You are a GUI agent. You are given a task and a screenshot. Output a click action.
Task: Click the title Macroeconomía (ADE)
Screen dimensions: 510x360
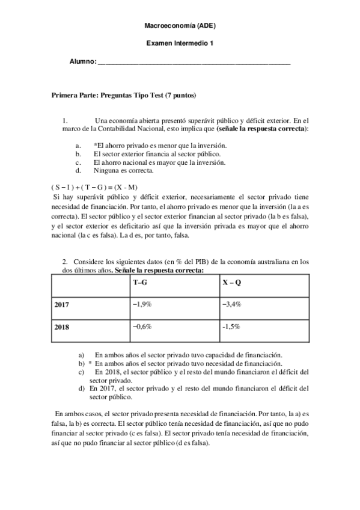(x=180, y=27)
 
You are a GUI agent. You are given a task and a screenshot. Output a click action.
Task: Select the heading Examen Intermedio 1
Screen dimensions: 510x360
(x=180, y=43)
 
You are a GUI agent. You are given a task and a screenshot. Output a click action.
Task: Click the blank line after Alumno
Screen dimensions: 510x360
(x=194, y=62)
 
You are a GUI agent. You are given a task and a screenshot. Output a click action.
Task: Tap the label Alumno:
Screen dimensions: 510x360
(x=82, y=61)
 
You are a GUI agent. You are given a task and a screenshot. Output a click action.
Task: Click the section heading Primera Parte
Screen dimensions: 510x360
(x=124, y=95)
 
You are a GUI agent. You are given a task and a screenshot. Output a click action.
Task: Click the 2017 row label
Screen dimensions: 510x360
(x=62, y=305)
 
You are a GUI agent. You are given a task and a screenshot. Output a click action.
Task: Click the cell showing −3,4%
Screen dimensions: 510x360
(x=232, y=304)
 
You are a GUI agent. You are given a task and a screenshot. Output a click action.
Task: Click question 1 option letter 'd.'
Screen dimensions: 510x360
(x=78, y=170)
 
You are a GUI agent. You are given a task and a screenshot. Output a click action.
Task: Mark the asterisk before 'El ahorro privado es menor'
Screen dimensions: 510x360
(x=95, y=145)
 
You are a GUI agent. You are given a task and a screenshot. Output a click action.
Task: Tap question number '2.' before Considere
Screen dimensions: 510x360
(x=65, y=263)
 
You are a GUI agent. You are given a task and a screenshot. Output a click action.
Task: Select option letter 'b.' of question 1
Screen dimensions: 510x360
(x=78, y=154)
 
